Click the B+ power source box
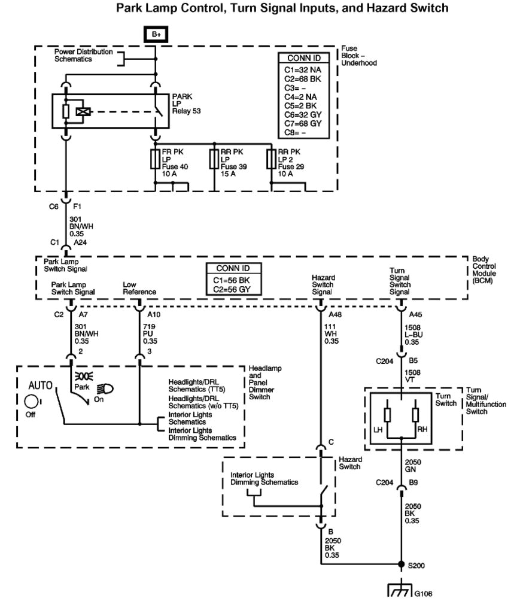(x=156, y=35)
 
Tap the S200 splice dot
(x=401, y=564)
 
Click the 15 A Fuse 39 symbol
(x=214, y=159)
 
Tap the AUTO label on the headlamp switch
(x=41, y=384)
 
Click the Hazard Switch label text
(x=350, y=463)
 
